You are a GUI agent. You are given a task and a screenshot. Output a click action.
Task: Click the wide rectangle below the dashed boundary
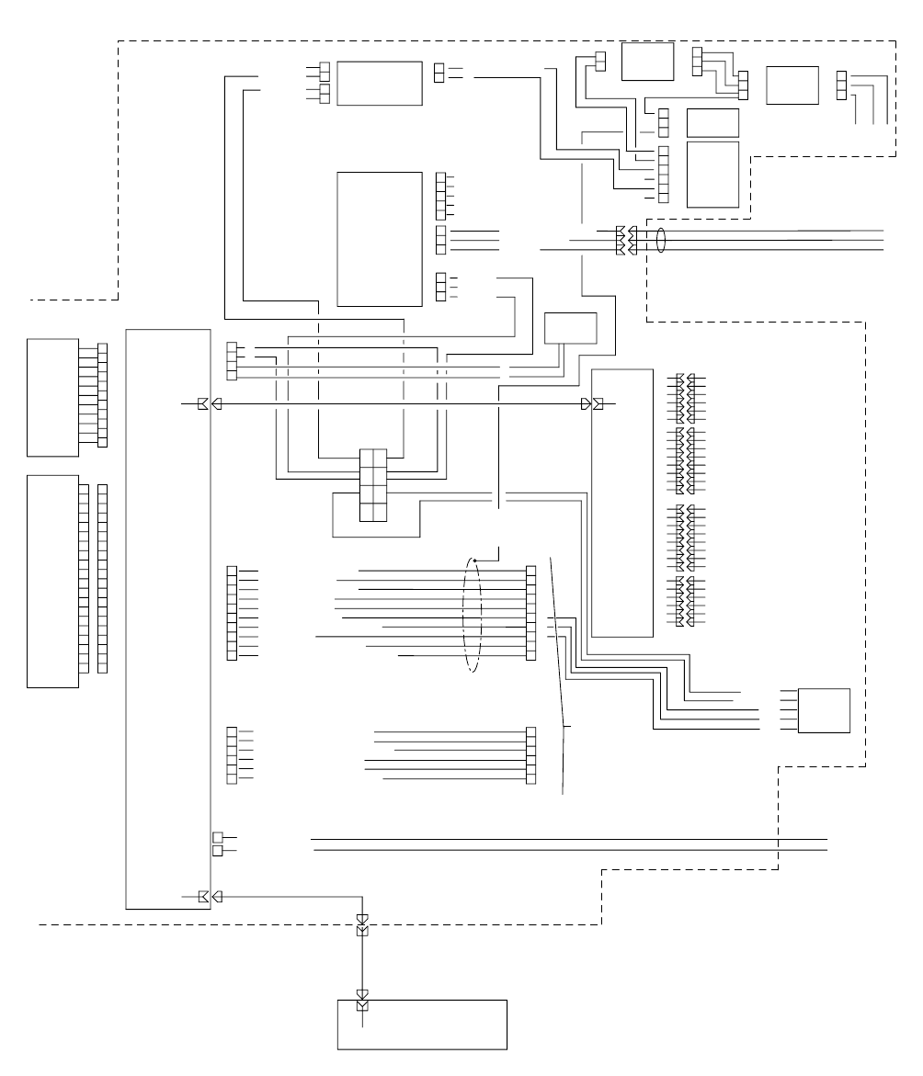423,1024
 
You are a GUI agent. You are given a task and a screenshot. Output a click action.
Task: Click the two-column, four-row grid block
372,487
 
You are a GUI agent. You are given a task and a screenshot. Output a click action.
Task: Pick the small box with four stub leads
824,710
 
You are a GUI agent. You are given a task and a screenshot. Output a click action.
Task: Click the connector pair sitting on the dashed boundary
362,925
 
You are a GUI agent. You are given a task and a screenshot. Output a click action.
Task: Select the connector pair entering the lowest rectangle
362,1000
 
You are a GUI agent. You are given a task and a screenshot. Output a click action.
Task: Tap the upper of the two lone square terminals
217,837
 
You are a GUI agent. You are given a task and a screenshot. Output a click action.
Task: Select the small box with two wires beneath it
570,328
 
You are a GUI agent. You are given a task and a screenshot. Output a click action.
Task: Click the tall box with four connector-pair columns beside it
622,503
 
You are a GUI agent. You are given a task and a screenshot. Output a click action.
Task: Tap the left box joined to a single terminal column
52,397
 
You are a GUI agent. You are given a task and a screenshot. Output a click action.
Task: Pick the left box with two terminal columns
52,581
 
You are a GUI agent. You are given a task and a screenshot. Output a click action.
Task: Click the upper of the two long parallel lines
570,839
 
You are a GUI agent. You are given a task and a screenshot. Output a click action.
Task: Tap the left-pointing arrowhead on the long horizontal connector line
217,404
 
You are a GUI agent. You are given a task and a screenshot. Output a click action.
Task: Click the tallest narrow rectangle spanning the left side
168,618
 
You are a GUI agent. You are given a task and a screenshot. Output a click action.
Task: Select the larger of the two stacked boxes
712,174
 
